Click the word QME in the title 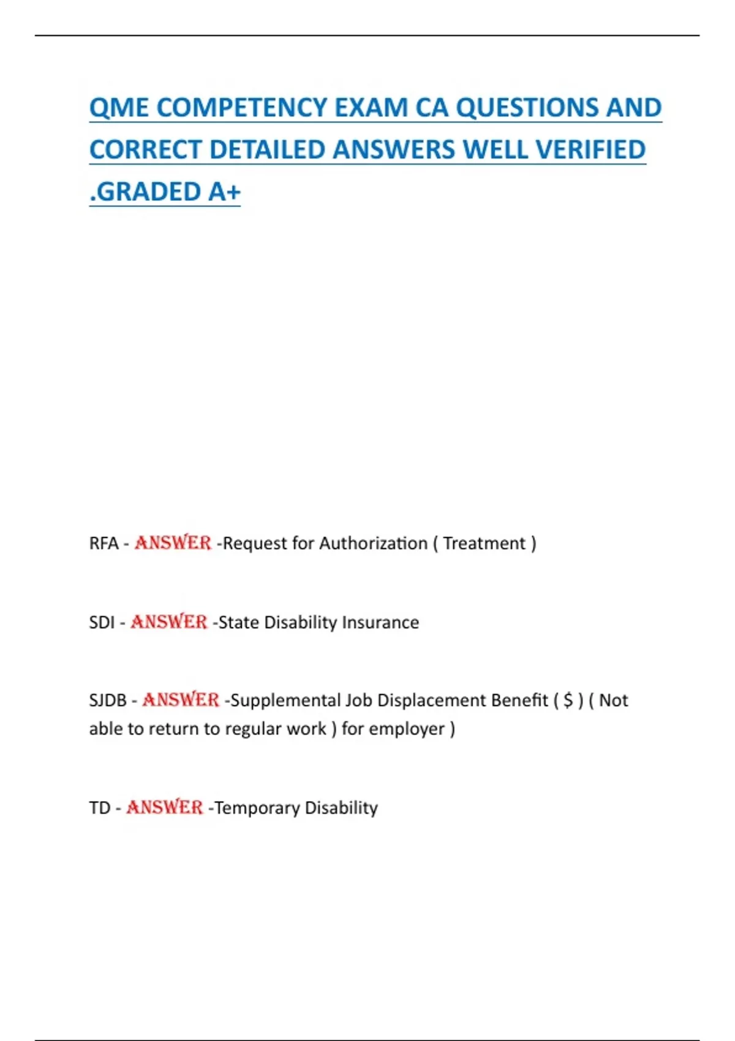click(119, 108)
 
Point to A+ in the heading click(224, 192)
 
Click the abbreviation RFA click(104, 544)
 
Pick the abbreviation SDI click(102, 623)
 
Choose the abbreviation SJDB click(108, 701)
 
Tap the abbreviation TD click(99, 808)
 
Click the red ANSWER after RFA click(173, 543)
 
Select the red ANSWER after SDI click(168, 622)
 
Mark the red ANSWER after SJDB click(181, 700)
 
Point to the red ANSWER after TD click(164, 808)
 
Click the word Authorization click(373, 544)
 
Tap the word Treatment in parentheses click(484, 544)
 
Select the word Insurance click(380, 623)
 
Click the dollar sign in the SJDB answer click(568, 701)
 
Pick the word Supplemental click(285, 701)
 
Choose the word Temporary click(257, 808)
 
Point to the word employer click(407, 729)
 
